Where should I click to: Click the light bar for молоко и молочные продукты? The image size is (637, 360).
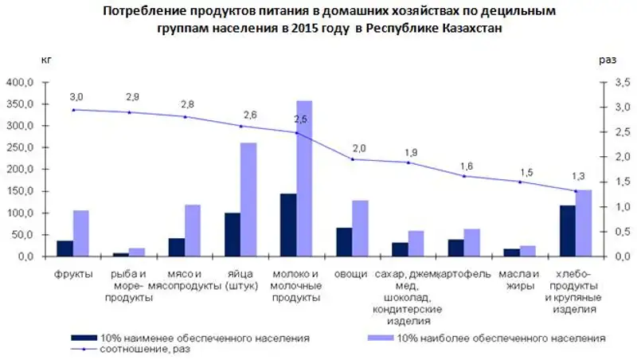[304, 178]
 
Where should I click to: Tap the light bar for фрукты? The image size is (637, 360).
[80, 233]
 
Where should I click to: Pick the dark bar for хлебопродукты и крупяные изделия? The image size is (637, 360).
[568, 231]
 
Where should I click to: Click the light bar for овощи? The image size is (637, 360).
[360, 228]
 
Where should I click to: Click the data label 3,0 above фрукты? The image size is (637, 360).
[76, 96]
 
